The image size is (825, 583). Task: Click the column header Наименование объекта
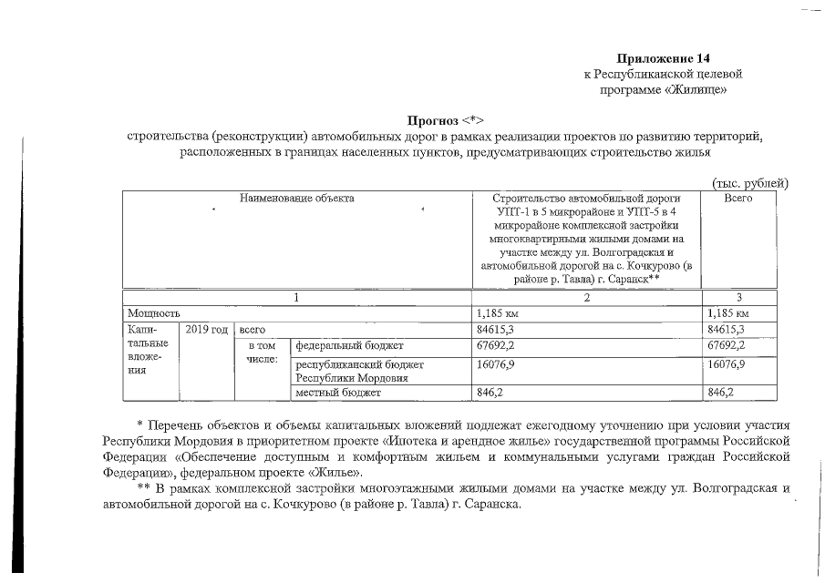coord(297,198)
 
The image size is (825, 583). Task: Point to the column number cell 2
coord(587,297)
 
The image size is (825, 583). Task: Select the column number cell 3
coord(740,297)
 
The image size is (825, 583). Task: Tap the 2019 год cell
coord(206,330)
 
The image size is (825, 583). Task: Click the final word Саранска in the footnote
coord(496,505)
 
